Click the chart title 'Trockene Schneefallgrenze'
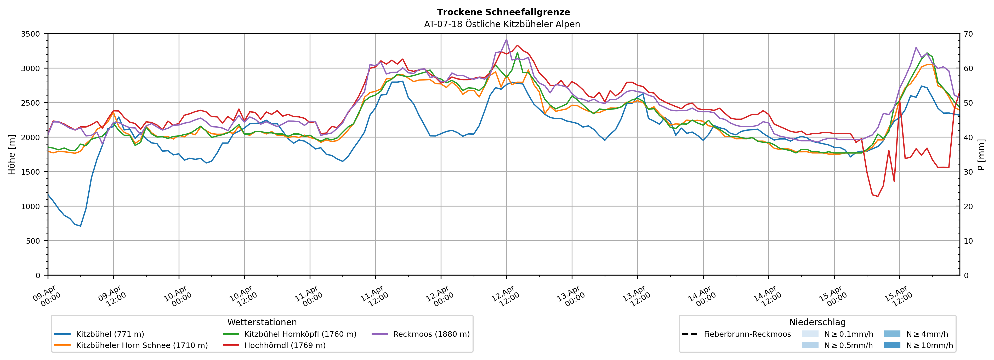(503, 12)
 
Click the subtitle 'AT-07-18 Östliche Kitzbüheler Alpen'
(502, 24)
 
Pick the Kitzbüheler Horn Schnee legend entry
(142, 345)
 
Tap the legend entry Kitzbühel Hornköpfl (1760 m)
(300, 334)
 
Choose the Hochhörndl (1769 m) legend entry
(285, 345)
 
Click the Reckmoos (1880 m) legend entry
(431, 334)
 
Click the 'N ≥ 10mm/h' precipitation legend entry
(929, 345)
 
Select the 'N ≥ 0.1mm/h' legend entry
(848, 334)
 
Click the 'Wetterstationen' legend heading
(262, 322)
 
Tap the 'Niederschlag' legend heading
(817, 322)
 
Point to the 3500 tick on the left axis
(31, 34)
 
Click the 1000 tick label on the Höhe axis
(31, 207)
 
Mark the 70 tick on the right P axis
(969, 34)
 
